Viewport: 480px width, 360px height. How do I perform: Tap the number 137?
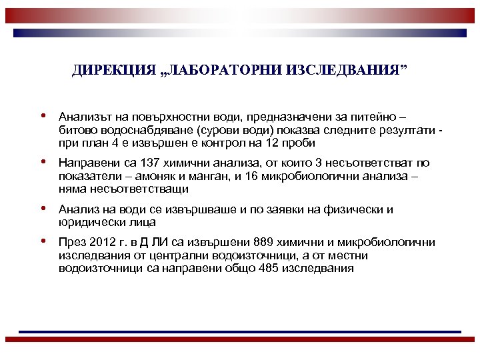tap(146, 163)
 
